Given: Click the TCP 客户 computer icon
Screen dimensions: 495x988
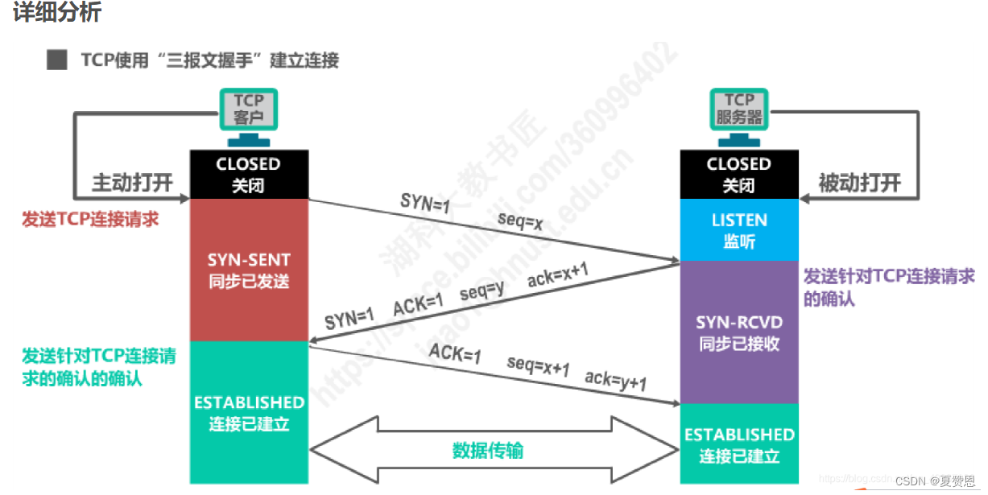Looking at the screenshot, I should pos(249,111).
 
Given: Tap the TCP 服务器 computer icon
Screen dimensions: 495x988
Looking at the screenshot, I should pos(738,111).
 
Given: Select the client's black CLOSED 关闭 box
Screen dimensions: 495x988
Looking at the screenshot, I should pos(249,174).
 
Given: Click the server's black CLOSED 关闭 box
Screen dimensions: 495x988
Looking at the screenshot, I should pos(738,174).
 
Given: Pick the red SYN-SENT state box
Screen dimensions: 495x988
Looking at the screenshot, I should pos(249,270).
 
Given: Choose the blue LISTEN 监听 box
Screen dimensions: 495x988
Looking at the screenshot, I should pos(738,229).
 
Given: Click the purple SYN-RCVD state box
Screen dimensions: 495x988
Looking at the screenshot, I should pos(738,332).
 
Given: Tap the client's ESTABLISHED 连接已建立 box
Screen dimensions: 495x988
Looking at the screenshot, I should pos(249,412).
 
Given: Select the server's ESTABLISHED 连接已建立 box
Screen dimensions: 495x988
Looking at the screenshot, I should pos(738,444).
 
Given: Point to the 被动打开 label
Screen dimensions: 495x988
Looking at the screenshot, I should pos(859,183).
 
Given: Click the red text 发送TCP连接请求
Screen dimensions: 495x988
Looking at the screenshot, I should pos(90,219).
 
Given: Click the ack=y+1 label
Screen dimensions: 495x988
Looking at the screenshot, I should pos(616,379).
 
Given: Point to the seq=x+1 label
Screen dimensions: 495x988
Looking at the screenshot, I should pos(538,366).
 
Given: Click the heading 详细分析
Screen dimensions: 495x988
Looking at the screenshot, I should pos(57,14).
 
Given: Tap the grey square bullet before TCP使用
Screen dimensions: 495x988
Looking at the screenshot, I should pos(56,60).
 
